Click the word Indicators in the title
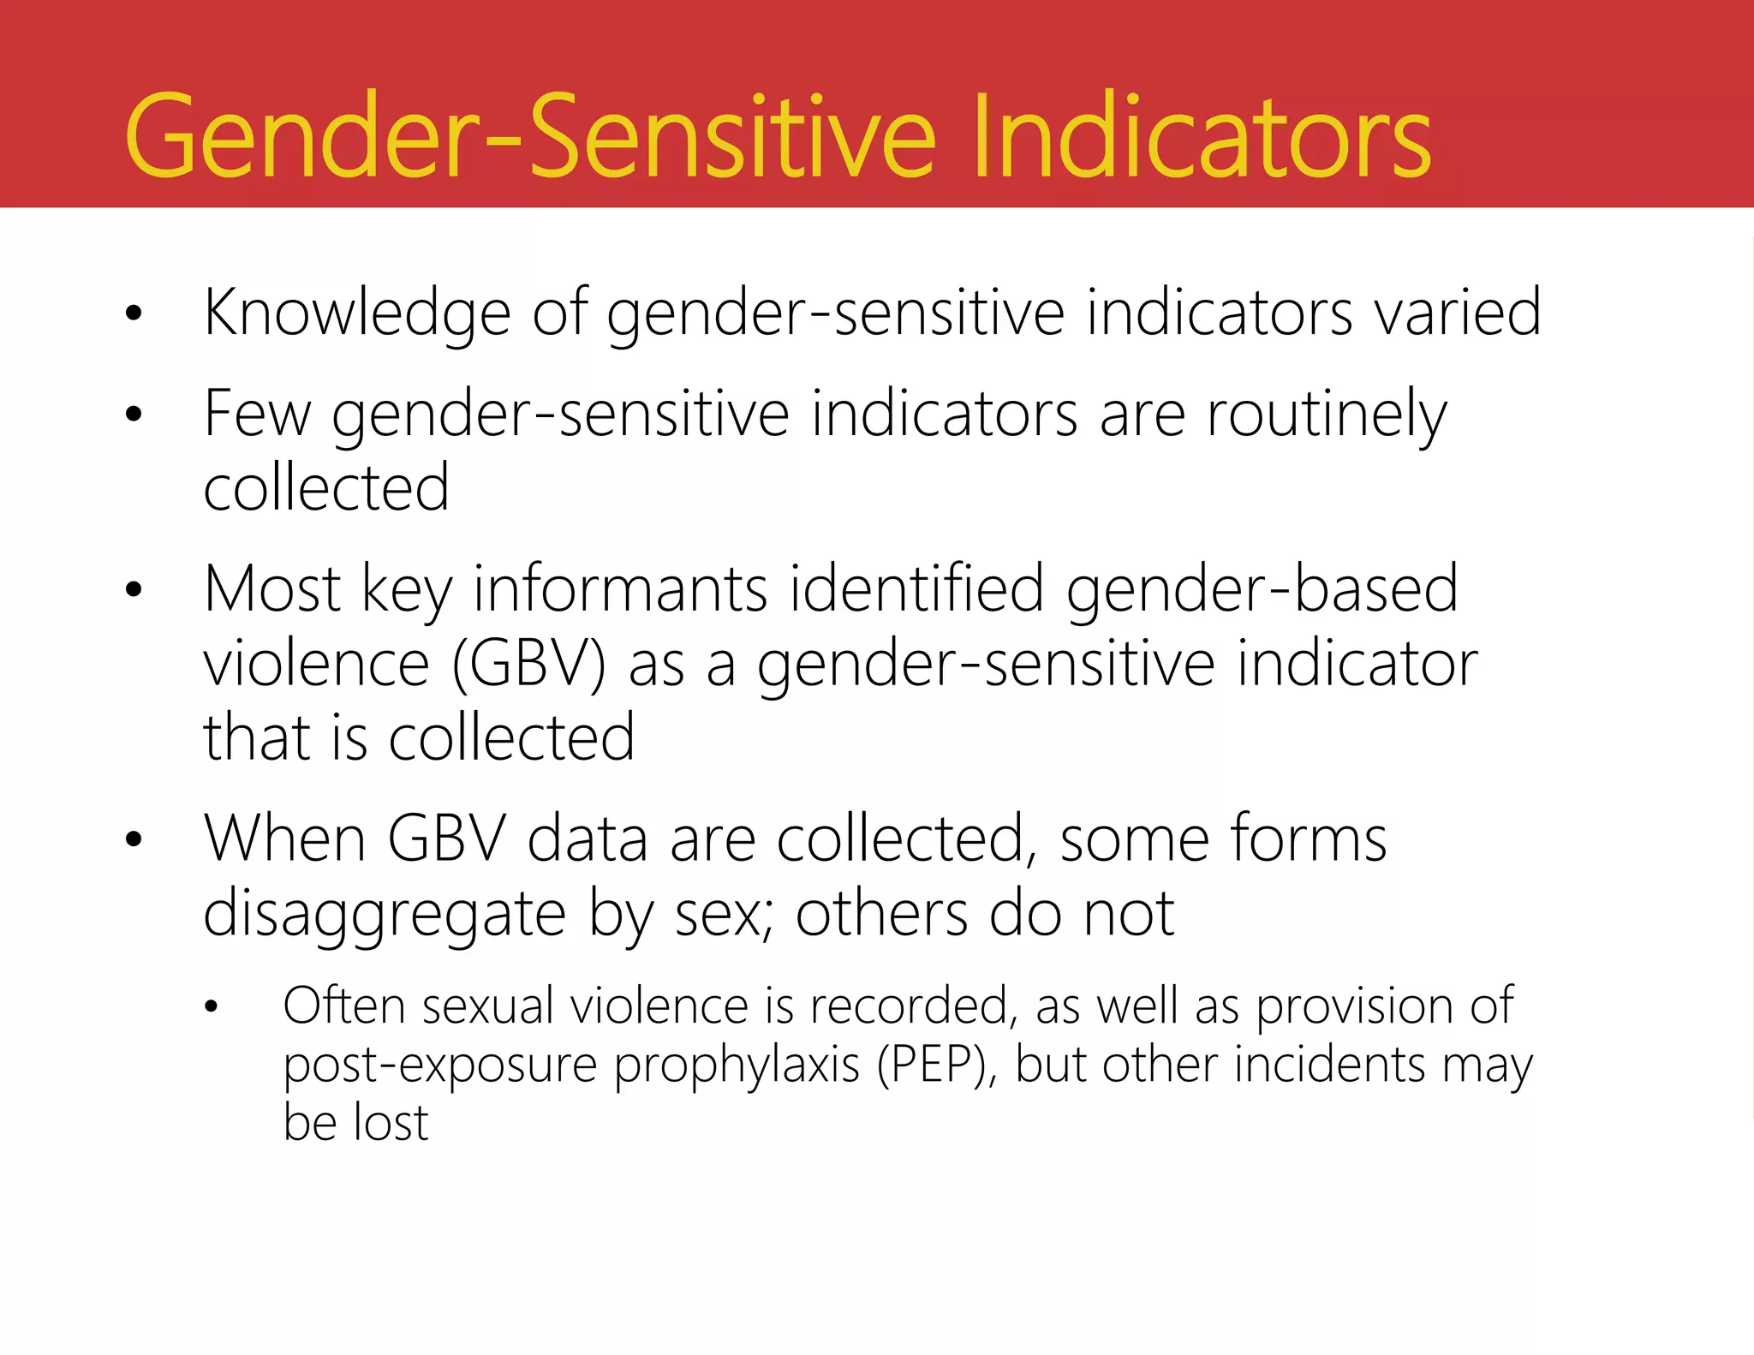point(1201,137)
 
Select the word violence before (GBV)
point(316,665)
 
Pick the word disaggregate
point(385,915)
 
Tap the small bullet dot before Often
point(212,1008)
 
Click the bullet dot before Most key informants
point(133,590)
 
